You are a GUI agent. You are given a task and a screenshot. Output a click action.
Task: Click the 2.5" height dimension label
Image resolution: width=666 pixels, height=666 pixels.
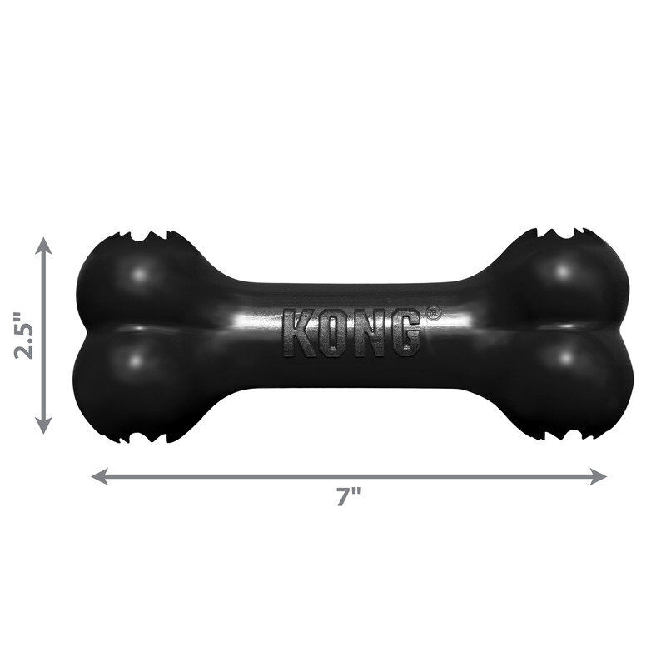point(22,335)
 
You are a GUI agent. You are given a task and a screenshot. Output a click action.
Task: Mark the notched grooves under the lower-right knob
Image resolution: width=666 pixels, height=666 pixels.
point(559,433)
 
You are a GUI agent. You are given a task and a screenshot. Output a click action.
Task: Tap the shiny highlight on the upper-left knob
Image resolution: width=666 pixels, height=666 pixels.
point(145,271)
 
